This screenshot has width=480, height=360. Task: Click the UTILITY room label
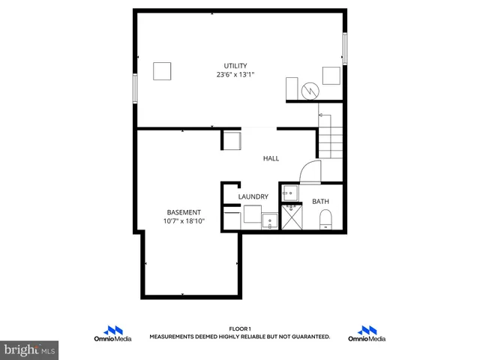[235, 65]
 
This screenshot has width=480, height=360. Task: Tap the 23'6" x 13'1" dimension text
[235, 74]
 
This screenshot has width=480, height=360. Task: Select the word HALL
[271, 158]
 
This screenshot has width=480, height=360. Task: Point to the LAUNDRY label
[253, 196]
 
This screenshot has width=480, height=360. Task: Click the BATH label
[320, 201]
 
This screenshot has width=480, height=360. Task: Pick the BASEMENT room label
[184, 211]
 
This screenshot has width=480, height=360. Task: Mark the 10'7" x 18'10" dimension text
[184, 221]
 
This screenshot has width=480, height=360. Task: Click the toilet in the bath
[325, 219]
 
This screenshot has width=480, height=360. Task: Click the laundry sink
[268, 219]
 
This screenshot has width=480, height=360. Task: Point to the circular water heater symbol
[310, 91]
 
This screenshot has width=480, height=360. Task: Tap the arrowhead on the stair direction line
[320, 115]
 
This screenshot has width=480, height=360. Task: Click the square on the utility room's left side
[163, 71]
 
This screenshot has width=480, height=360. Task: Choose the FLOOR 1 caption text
[239, 329]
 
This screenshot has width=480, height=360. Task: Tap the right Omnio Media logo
[367, 334]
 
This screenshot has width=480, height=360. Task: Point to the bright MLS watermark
[30, 349]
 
